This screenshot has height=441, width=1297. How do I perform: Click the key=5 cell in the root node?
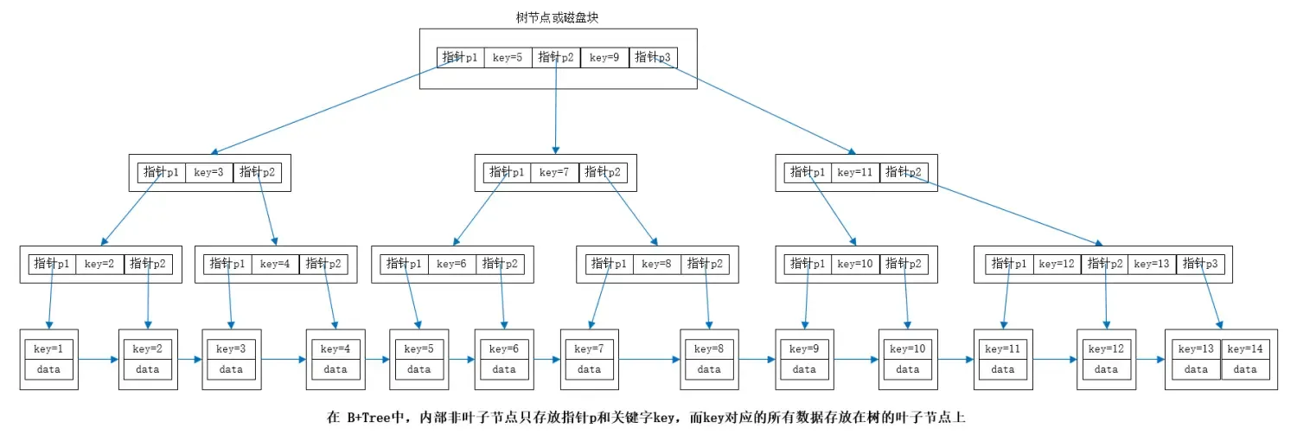point(508,58)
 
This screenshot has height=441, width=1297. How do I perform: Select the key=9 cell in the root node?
point(604,58)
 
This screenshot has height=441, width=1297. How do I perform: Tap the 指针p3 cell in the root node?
point(653,58)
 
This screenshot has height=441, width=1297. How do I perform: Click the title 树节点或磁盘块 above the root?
point(558,17)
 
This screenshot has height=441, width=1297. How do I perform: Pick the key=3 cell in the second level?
point(209,172)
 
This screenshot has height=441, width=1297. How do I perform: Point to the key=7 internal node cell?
point(554,172)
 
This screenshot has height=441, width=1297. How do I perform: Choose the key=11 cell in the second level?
point(855,172)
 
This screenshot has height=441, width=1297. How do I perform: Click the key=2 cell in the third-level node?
point(99,264)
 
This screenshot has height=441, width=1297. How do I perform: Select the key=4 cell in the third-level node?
point(275,264)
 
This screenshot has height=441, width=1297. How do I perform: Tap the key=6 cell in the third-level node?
point(451,264)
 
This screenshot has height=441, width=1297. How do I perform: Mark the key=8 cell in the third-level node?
point(657,264)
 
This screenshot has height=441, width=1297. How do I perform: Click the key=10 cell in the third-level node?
point(855,264)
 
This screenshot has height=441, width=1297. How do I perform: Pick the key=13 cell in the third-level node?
point(1151,264)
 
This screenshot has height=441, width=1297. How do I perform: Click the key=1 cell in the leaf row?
point(49,349)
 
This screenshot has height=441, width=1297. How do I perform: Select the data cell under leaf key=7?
point(589,369)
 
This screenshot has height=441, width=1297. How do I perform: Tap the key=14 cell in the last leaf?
point(1245,349)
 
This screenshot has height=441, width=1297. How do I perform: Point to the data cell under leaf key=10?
point(907,369)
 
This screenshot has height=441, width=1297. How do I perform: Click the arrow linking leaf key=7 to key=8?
point(648,359)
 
